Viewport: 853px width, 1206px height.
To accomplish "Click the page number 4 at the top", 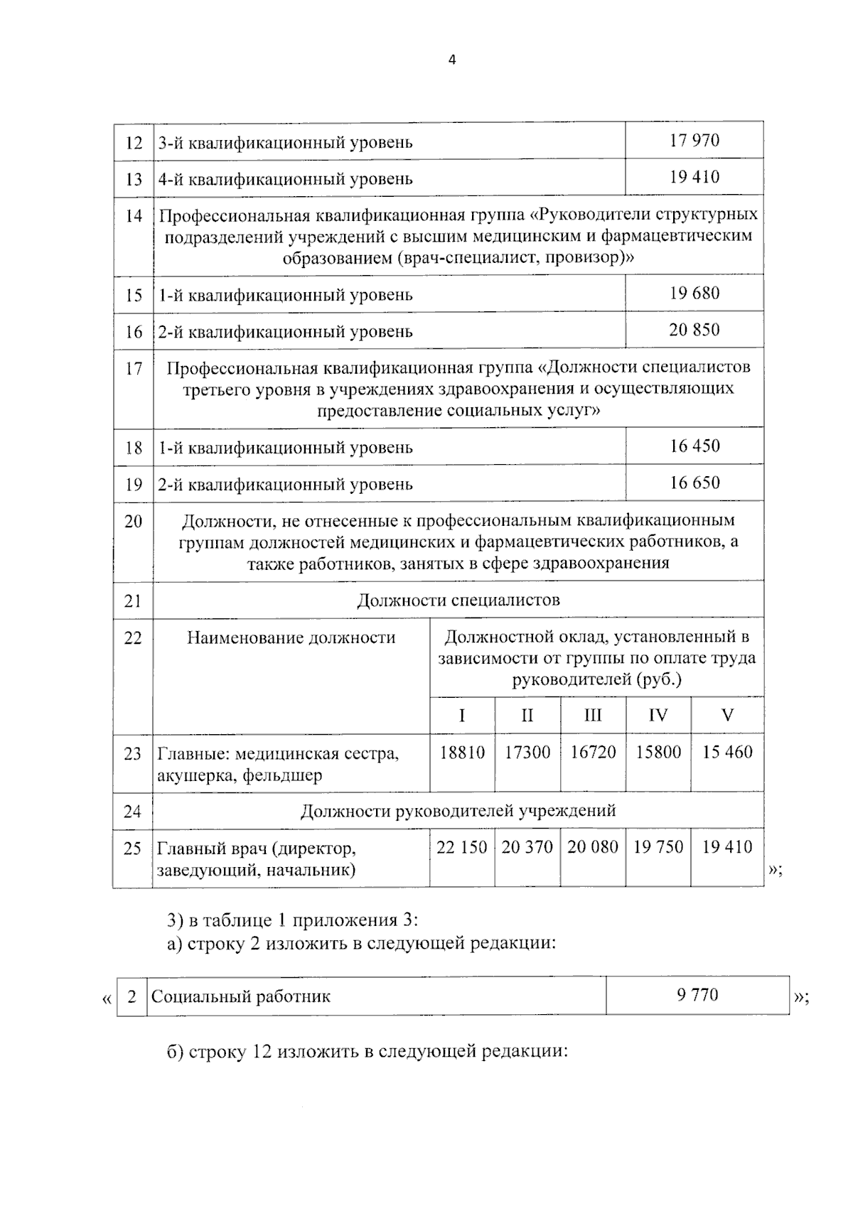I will [x=451, y=60].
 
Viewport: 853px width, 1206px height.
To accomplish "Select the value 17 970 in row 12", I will [x=694, y=140].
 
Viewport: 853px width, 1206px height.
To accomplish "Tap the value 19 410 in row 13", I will [x=694, y=177].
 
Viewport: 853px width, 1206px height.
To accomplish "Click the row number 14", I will [x=134, y=216].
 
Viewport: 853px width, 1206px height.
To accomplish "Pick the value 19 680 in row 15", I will [x=694, y=293].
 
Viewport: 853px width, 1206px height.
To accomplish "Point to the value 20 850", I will [x=694, y=330].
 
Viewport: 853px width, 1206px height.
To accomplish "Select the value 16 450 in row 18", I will [x=694, y=446].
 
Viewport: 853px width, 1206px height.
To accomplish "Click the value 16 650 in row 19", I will [x=694, y=483].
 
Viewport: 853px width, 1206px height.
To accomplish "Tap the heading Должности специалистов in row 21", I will [x=458, y=601].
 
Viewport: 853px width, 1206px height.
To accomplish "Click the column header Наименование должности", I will [x=291, y=637].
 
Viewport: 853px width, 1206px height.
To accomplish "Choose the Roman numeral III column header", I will [x=592, y=716].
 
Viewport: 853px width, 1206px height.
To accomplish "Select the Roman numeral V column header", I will [x=727, y=716].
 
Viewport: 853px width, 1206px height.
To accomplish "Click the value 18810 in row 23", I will [x=462, y=753].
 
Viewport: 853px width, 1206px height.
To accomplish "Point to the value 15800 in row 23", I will [x=658, y=753].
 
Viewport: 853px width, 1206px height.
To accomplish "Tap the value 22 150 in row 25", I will [x=462, y=847].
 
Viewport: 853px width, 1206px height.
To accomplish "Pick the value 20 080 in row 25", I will [x=592, y=847].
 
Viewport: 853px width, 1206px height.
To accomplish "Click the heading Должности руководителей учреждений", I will [x=458, y=811].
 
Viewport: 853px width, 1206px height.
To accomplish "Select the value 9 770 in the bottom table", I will [x=697, y=995].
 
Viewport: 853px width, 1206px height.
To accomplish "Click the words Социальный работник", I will [x=241, y=997].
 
